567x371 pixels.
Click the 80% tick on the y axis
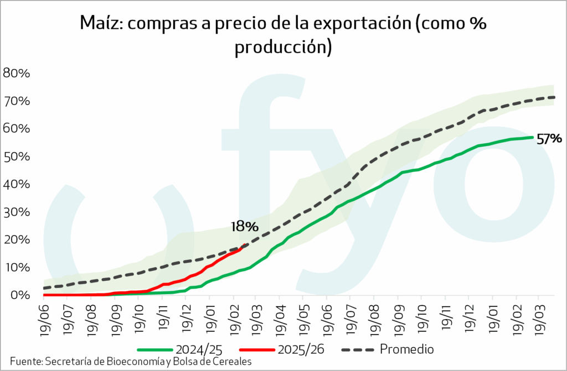(18, 73)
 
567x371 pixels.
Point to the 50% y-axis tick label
(18, 156)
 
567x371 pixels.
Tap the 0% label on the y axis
(21, 295)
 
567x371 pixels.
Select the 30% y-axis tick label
(18, 212)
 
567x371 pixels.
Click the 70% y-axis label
(18, 101)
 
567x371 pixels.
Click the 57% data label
(549, 139)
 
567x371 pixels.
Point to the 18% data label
(244, 226)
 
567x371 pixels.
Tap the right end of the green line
(533, 137)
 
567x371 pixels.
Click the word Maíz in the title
(98, 24)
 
